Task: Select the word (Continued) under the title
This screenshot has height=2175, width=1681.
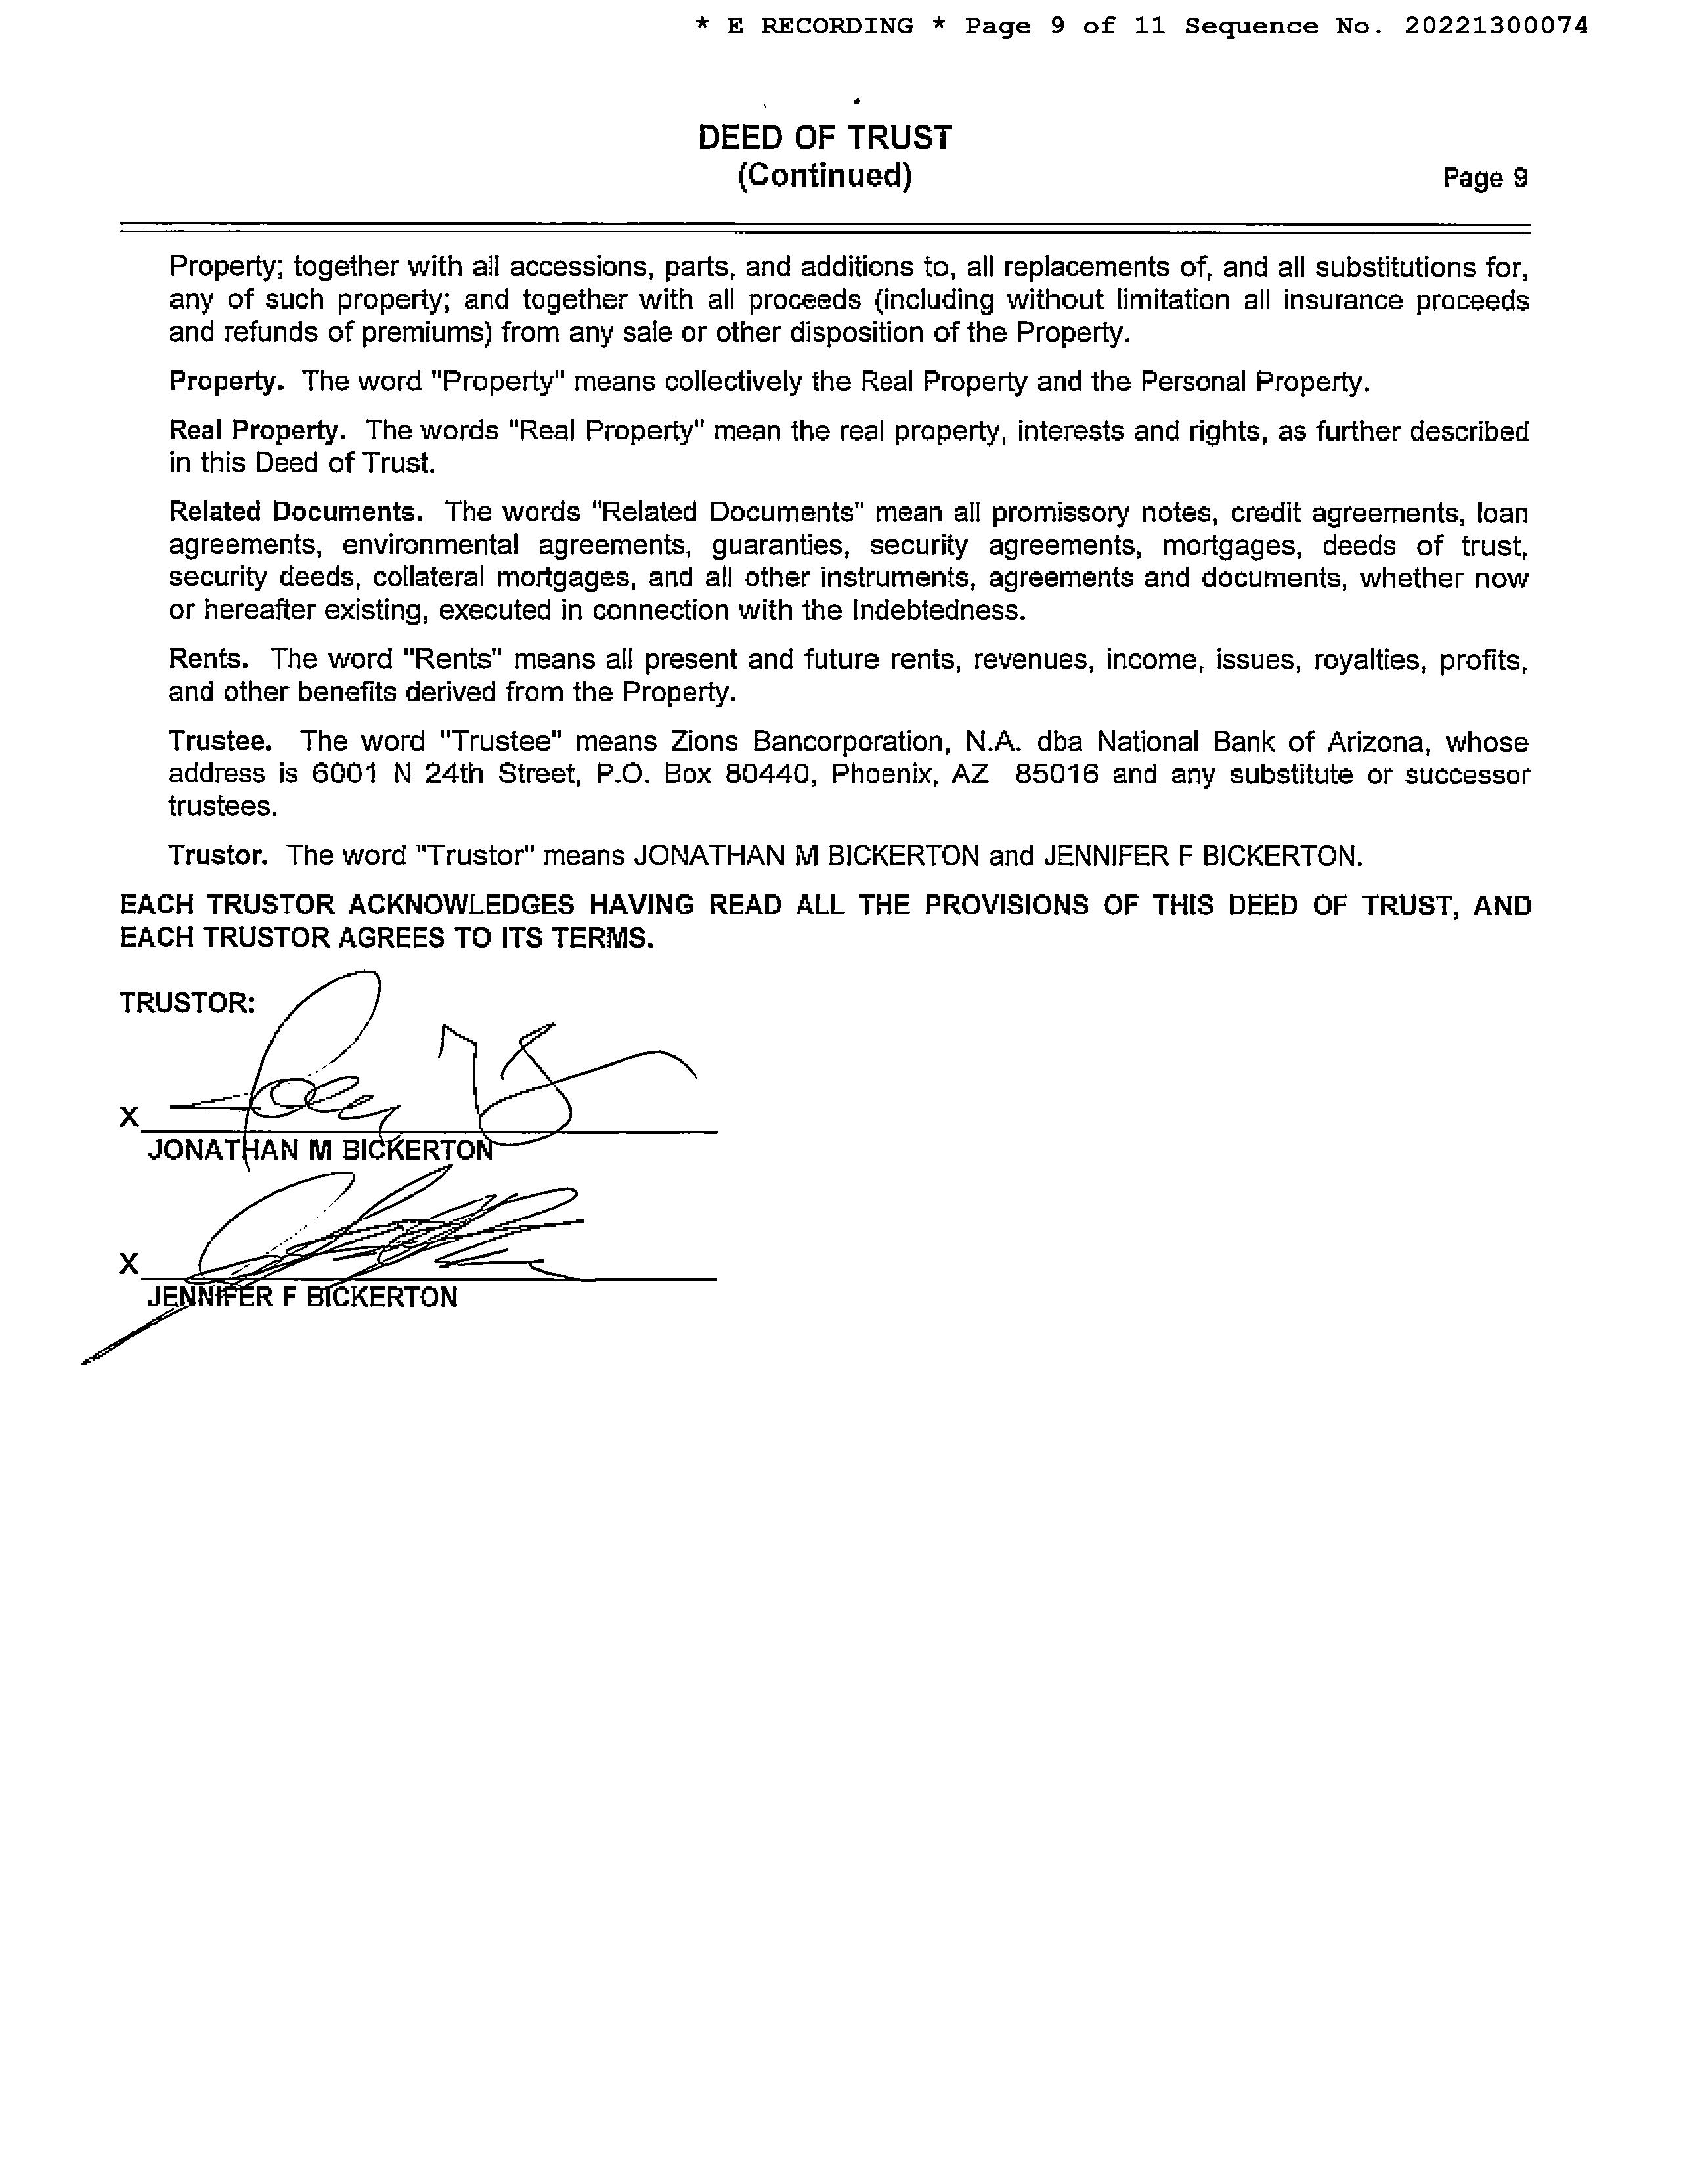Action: click(x=825, y=176)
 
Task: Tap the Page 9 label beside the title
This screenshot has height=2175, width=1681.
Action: click(x=1485, y=178)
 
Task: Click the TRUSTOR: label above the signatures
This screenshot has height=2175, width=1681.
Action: click(x=187, y=1003)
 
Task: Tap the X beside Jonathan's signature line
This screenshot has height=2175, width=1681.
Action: click(x=129, y=1117)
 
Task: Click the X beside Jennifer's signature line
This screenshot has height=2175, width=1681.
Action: click(x=129, y=1263)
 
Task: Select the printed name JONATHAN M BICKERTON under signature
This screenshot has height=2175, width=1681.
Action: click(x=320, y=1151)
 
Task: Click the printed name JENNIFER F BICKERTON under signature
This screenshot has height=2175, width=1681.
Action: click(x=302, y=1298)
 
